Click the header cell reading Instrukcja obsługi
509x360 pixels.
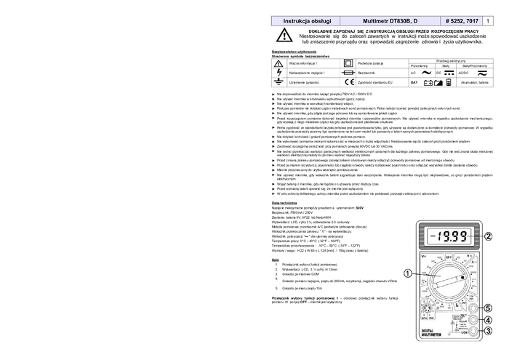click(x=306, y=22)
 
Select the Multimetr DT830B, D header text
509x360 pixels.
click(x=390, y=22)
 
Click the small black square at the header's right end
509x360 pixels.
click(x=488, y=22)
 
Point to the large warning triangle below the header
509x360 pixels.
click(x=284, y=36)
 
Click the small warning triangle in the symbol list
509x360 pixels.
click(x=278, y=63)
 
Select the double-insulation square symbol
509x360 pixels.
click(x=348, y=63)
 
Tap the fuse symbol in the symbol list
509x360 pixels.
click(x=348, y=73)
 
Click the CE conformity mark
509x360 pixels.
click(x=349, y=83)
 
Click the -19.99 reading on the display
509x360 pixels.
click(x=449, y=236)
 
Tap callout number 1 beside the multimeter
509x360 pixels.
click(x=407, y=273)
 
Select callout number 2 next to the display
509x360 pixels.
click(x=489, y=236)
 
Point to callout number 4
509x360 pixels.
click(x=489, y=320)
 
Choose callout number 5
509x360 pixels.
click(x=489, y=308)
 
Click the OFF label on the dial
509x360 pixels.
click(x=449, y=256)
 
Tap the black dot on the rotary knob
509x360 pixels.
click(x=462, y=277)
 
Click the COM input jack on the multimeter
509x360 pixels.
click(x=474, y=332)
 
